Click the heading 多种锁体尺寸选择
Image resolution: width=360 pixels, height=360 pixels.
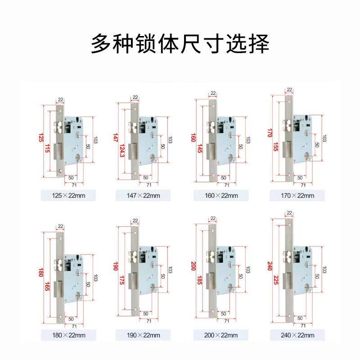[x=180, y=44]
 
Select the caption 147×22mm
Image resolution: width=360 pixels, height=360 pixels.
[x=143, y=195]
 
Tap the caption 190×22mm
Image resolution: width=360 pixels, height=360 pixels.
[x=143, y=335]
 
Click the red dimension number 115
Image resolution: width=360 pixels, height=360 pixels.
[x=47, y=151]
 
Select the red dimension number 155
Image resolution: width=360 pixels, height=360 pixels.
[x=276, y=146]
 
